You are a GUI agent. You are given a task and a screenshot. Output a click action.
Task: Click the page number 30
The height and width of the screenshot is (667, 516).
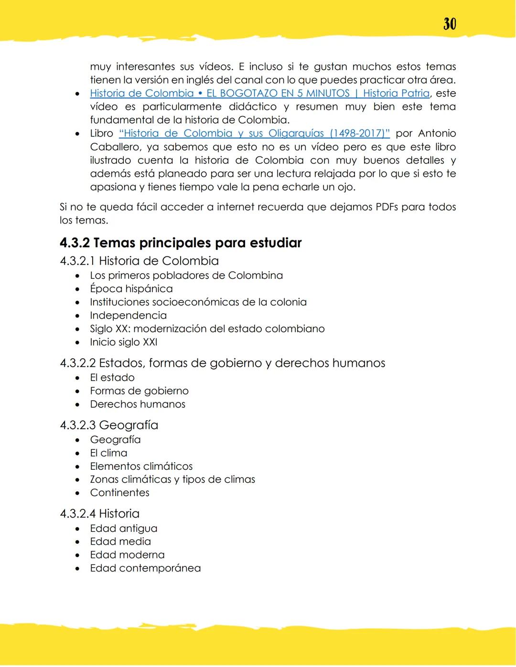point(450,24)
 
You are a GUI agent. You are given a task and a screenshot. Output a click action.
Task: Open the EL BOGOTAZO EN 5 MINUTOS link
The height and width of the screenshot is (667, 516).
point(277,93)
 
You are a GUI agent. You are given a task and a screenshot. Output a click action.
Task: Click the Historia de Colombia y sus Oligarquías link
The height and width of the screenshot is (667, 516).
point(254,133)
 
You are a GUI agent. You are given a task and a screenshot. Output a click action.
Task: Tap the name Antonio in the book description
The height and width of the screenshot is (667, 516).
point(437,133)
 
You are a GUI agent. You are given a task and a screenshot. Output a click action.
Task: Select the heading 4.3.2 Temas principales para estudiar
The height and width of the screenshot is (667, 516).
point(181,243)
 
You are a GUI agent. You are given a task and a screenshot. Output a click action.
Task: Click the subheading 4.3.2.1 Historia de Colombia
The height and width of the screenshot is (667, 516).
point(139,261)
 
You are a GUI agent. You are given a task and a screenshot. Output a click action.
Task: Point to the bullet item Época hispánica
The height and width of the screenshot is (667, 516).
point(131,289)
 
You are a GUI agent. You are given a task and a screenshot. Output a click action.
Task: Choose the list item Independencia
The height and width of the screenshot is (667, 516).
point(128,316)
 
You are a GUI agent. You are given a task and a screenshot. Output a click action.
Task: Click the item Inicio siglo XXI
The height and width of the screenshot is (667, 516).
point(123,342)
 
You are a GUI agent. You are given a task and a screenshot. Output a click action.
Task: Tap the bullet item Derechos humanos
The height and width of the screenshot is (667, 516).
point(138,404)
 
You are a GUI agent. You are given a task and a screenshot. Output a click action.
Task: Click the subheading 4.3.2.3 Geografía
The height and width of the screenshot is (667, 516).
point(109,425)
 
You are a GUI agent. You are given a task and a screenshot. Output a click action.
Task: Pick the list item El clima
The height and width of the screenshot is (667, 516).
point(108,453)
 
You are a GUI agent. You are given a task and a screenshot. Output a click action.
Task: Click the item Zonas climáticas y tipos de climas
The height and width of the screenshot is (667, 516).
point(172,479)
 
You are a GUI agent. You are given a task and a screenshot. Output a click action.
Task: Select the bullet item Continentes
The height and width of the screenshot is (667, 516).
point(119,493)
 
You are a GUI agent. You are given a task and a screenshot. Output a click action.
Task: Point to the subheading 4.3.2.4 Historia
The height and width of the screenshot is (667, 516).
point(99,514)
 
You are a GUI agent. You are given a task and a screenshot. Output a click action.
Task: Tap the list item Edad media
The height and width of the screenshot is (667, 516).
point(120,541)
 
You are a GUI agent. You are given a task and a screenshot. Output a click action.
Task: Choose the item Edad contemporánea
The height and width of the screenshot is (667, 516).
point(145,568)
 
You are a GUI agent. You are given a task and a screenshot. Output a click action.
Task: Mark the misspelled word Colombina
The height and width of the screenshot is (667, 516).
point(255,275)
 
